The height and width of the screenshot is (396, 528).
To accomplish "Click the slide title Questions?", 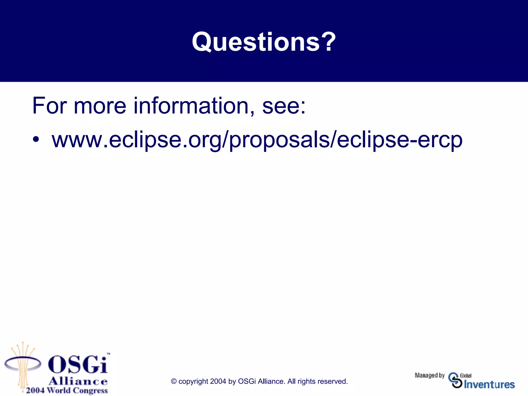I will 264,42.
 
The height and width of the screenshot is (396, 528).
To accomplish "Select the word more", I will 100,106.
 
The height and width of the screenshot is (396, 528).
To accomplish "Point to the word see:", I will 284,106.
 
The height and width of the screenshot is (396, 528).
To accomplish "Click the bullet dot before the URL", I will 36,139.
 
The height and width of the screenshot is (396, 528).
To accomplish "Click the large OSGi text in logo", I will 78,365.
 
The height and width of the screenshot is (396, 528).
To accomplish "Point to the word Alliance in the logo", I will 78,381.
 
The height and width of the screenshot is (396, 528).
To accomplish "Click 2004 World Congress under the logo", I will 67,390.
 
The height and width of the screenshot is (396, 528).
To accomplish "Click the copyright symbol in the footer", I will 174,381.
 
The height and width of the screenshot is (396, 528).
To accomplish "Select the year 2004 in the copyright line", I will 218,381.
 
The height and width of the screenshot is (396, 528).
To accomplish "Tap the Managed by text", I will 430,375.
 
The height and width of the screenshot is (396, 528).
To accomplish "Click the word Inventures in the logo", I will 489,385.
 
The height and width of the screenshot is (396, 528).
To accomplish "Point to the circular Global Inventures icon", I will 455,380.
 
